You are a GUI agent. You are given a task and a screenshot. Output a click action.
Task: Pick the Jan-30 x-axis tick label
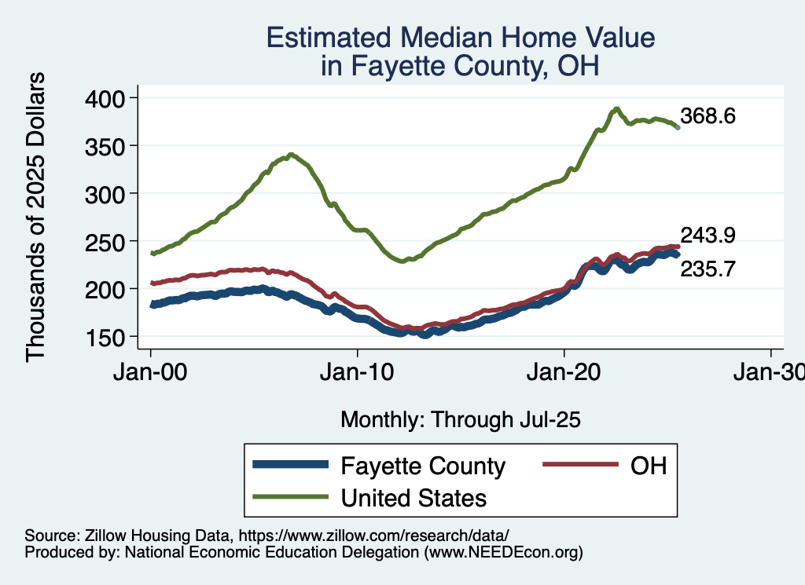click(769, 371)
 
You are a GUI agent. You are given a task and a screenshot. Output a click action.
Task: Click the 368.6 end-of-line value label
click(708, 117)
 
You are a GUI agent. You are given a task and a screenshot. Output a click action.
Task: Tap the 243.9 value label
click(708, 235)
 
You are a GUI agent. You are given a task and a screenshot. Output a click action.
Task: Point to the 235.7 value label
click(708, 269)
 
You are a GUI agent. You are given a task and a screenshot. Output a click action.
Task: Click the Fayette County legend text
click(423, 466)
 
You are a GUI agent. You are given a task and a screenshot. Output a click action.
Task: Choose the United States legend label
click(413, 498)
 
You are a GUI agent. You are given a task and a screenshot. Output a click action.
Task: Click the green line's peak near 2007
click(291, 155)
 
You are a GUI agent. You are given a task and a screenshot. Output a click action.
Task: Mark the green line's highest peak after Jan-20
click(617, 108)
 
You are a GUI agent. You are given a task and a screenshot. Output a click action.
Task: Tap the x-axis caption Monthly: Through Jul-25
click(460, 420)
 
